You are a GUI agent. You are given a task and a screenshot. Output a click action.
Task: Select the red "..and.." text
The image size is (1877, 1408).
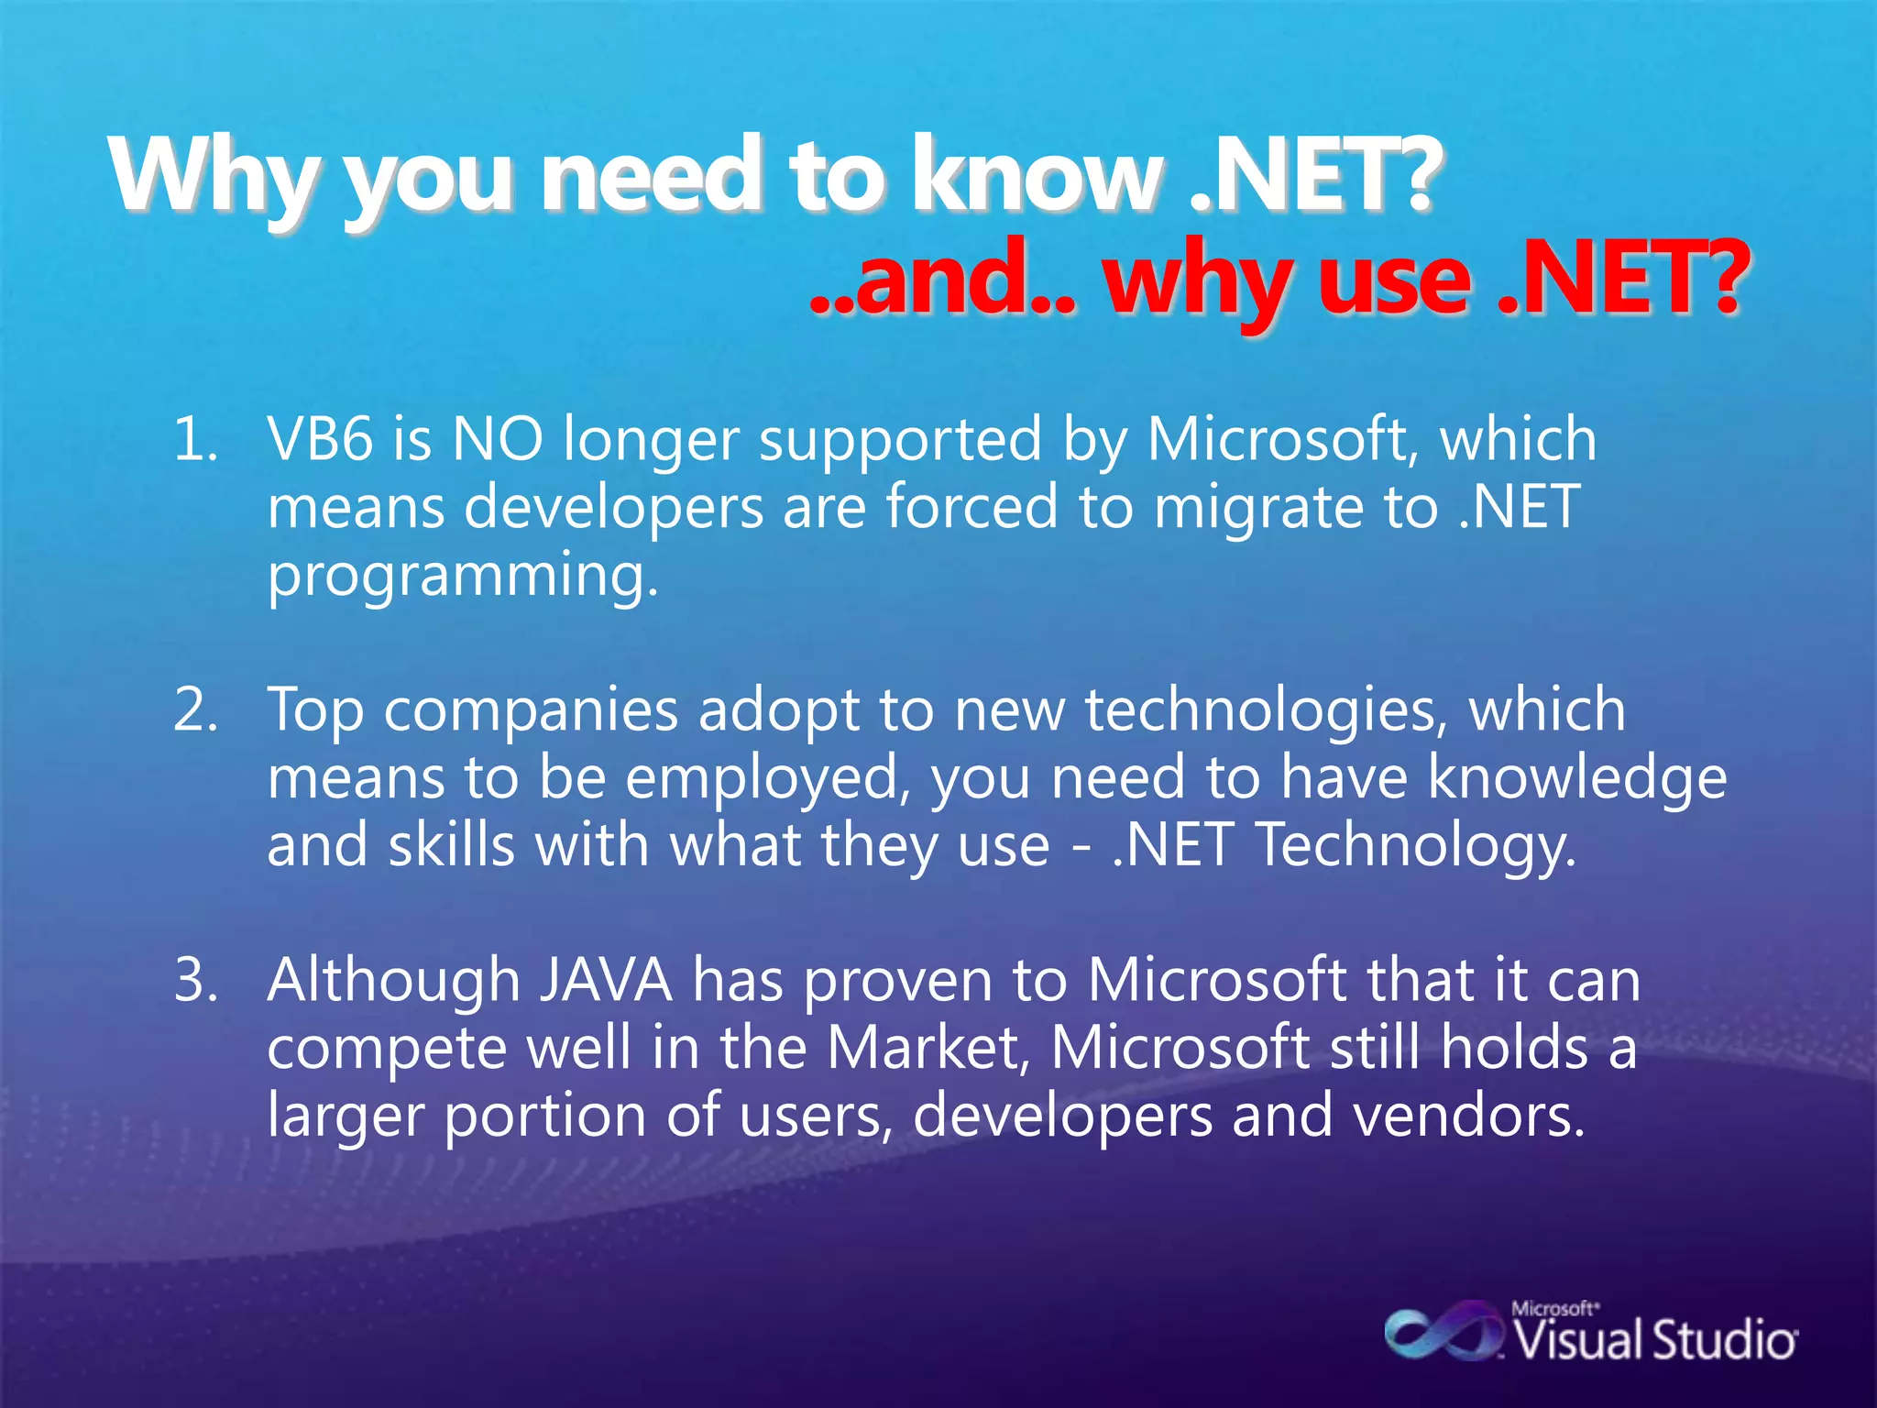coord(944,280)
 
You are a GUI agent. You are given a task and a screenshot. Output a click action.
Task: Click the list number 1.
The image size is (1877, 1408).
coord(195,439)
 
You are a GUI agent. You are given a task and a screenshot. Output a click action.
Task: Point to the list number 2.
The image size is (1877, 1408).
coord(195,710)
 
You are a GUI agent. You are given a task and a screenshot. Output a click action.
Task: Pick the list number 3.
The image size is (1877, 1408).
coord(195,980)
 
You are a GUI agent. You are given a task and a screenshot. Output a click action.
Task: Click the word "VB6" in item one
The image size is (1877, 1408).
coord(320,439)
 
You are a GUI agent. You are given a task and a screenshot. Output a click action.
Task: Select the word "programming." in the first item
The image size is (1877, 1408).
coord(463,577)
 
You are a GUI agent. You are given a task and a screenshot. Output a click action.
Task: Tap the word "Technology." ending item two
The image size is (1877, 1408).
coord(1416,846)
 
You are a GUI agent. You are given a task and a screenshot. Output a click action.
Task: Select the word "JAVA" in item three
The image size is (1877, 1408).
coord(606,980)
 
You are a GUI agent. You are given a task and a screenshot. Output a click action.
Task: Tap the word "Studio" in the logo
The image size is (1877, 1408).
coord(1723,1341)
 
